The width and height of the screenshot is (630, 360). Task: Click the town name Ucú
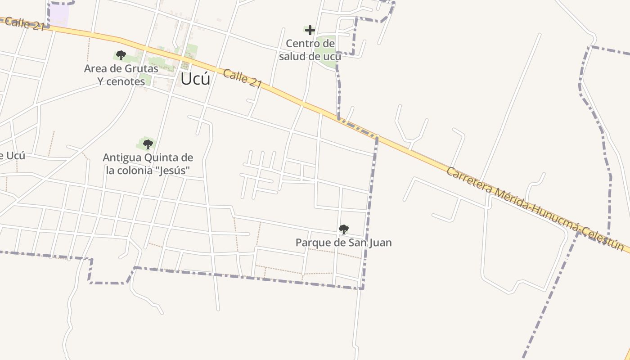pos(195,79)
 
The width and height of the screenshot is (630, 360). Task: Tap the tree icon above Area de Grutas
pos(121,55)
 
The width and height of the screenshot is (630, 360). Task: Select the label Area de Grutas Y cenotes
pos(121,75)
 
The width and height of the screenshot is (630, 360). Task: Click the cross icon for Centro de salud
pos(310,31)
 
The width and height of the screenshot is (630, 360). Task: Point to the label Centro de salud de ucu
pos(310,50)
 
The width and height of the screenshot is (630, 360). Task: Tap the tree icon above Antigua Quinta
pos(148,144)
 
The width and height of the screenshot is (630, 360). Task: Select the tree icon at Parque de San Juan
pos(343,229)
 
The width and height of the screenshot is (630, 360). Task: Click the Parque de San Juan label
pos(343,243)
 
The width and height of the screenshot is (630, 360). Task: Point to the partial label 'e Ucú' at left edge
pos(12,156)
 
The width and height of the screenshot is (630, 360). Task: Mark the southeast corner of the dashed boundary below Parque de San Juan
pos(362,288)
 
